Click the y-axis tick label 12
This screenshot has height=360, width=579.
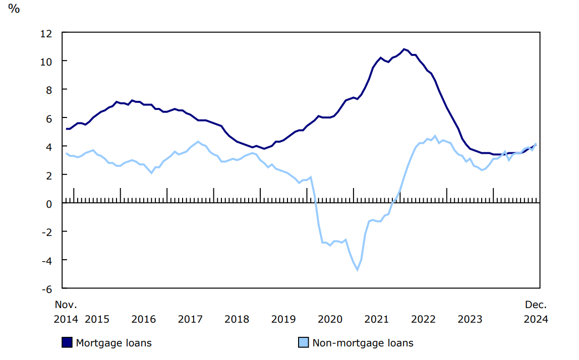click(x=46, y=33)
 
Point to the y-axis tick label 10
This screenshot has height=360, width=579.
click(x=46, y=62)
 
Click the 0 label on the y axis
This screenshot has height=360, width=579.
click(x=49, y=204)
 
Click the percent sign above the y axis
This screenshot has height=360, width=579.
click(x=14, y=9)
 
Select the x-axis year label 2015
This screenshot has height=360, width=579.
click(x=97, y=319)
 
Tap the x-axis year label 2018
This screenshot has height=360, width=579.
click(x=237, y=319)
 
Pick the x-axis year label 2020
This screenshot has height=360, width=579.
click(x=330, y=319)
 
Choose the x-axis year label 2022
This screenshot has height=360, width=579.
click(x=424, y=319)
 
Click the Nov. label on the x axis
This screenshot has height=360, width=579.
click(x=66, y=305)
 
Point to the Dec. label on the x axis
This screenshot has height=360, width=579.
click(x=536, y=305)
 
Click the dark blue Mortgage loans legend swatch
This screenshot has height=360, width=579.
click(x=67, y=343)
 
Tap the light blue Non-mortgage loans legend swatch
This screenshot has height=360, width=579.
click(x=304, y=343)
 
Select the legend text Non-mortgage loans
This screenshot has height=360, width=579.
click(x=363, y=343)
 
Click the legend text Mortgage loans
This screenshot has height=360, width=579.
click(x=113, y=343)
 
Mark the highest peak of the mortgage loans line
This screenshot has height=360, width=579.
click(x=404, y=49)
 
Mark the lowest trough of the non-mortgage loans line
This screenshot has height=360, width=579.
click(x=358, y=270)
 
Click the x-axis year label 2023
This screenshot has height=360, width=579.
click(x=470, y=319)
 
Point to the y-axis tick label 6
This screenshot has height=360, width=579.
click(x=49, y=118)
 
